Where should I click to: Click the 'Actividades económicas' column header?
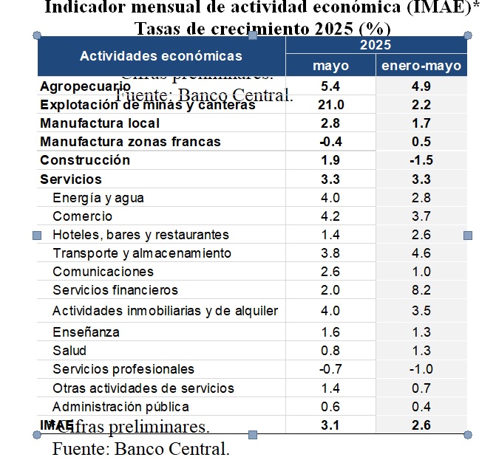pos(160,56)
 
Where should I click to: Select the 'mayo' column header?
pos(330,66)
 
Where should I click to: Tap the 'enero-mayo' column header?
pos(421,66)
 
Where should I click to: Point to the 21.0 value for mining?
pos(330,105)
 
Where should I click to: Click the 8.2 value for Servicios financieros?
pos(421,290)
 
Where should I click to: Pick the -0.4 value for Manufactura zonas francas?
pos(330,142)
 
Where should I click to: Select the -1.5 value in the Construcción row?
pos(421,160)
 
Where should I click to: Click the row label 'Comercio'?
pos(83,216)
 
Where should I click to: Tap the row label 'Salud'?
pos(69,351)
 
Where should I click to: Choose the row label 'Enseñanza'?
pos(86,332)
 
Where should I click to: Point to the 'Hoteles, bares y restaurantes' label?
pos(140,235)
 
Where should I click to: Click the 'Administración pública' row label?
pos(120,407)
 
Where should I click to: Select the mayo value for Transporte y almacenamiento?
pos(330,253)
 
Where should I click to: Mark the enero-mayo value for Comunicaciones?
pos(421,272)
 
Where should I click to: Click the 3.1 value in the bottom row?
pos(330,425)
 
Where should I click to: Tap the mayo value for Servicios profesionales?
pos(330,369)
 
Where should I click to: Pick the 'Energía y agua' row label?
pos(98,198)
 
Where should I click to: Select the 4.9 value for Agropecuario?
pos(421,86)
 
